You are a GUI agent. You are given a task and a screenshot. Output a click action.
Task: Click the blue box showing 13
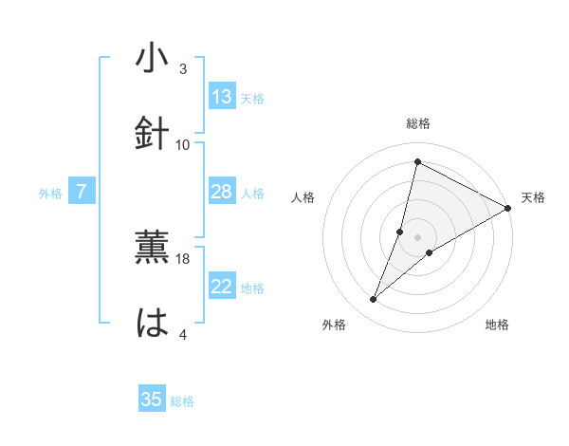point(222,97)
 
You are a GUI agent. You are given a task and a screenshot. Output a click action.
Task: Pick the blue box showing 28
point(222,193)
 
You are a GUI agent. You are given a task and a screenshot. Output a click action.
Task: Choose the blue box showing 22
point(222,288)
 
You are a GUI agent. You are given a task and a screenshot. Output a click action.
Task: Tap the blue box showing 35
point(152,400)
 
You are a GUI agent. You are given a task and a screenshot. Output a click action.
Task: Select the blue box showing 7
point(82,193)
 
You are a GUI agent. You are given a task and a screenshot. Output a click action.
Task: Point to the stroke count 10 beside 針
point(183,144)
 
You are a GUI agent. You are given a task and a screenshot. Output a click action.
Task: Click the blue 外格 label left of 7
point(50,194)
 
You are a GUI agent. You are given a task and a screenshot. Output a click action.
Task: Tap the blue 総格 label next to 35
point(182,401)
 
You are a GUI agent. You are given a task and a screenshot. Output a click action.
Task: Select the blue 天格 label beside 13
point(252,99)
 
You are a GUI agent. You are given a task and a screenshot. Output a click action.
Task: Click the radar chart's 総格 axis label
point(418,123)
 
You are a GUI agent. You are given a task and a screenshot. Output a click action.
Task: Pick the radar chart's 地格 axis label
point(497,325)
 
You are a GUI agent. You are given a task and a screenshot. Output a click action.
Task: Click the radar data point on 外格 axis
point(374,300)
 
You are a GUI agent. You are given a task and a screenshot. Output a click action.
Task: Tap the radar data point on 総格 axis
point(416,162)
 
